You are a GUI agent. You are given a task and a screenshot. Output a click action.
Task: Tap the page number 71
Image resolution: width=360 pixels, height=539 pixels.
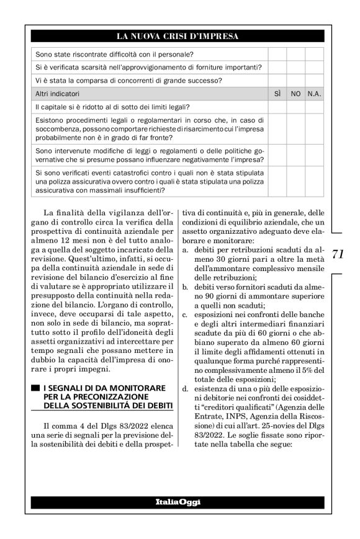click(x=338, y=254)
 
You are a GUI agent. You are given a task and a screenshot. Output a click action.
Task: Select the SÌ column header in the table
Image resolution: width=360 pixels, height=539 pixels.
click(x=277, y=94)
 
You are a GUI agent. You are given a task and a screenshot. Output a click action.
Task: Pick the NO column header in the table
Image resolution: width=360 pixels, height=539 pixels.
click(x=295, y=94)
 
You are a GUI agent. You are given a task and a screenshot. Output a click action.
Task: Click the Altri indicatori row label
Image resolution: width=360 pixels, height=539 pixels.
click(x=58, y=94)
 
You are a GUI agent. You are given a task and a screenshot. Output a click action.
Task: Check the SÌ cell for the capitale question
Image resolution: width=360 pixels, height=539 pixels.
click(x=277, y=107)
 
